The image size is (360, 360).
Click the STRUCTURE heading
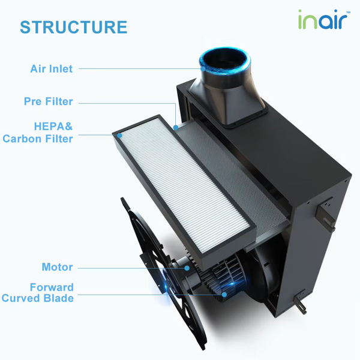click(73, 28)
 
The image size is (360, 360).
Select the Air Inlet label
click(52, 68)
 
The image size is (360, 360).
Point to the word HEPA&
click(53, 126)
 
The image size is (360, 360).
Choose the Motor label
click(57, 267)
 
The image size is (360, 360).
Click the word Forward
click(53, 287)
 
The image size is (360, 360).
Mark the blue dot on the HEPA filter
click(121, 136)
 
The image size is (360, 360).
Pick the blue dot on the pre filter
click(175, 128)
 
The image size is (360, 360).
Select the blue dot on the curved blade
click(223, 294)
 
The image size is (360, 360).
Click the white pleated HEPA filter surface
click(180, 192)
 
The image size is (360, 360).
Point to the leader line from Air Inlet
click(138, 68)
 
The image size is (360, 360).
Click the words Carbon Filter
click(38, 139)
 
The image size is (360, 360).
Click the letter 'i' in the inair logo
click(301, 21)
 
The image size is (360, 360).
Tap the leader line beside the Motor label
click(120, 268)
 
